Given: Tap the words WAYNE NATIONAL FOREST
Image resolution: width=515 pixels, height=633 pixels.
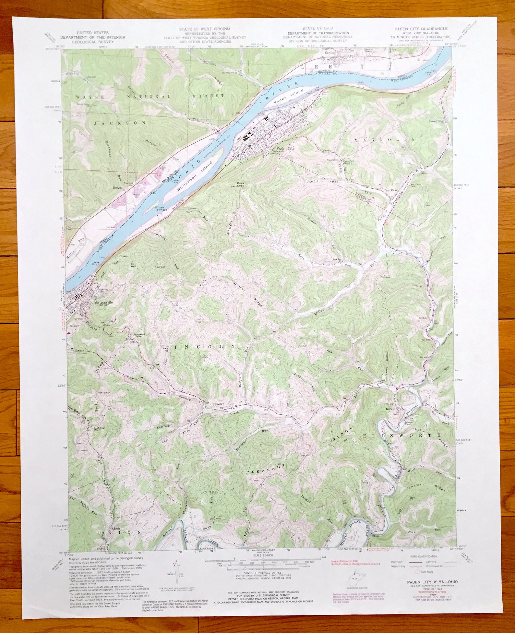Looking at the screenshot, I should coord(150,97).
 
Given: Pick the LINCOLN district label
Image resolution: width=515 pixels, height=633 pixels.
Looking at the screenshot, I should coord(198,347).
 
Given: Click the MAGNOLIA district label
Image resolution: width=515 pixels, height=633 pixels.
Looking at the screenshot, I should coord(384,139).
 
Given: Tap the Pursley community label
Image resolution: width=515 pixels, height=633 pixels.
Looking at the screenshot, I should coord(220,404).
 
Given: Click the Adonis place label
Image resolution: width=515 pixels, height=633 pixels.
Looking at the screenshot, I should coord(116,528).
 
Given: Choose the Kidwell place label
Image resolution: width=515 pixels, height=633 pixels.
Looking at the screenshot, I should coord(390,409).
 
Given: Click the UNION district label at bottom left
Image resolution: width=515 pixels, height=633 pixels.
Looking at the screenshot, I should coord(120,542).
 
